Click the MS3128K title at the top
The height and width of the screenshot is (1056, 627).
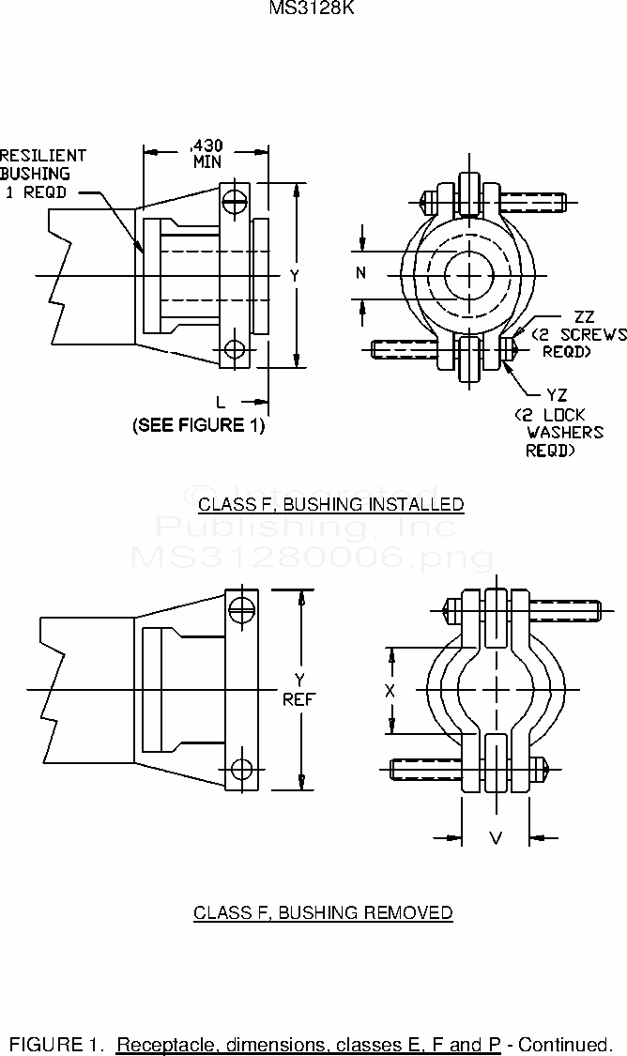313,8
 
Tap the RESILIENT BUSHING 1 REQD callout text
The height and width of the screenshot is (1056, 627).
43,174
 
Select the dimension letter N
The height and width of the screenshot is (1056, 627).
361,274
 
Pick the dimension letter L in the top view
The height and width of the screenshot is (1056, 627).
220,401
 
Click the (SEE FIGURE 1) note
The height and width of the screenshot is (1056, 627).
198,425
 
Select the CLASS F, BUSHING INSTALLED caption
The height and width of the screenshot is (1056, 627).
330,504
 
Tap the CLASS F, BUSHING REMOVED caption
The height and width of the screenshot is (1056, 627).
323,912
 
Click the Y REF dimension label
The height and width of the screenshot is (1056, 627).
299,689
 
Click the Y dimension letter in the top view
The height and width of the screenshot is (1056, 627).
294,276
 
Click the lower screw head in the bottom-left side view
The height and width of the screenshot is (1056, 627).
242,769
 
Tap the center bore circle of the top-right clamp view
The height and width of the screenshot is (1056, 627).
469,275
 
